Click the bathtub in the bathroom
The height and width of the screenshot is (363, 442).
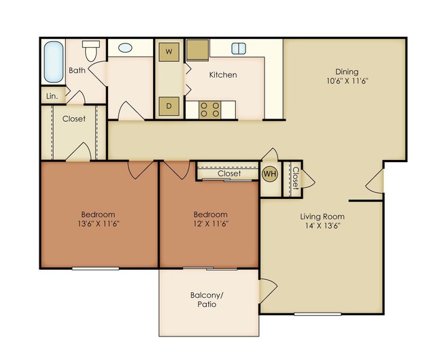[53, 64]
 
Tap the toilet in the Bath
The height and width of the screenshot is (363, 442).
[91, 50]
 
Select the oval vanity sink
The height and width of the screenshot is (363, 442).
[126, 48]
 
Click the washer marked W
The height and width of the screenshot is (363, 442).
[169, 52]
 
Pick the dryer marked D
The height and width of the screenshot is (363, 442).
[169, 106]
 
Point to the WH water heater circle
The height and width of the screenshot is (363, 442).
[270, 174]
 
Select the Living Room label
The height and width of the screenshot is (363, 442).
[320, 217]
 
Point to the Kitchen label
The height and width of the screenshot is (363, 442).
[223, 75]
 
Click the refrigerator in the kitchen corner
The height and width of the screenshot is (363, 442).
[198, 50]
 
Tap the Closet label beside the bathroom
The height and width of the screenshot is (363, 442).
[73, 119]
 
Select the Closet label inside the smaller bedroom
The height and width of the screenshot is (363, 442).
[229, 174]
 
